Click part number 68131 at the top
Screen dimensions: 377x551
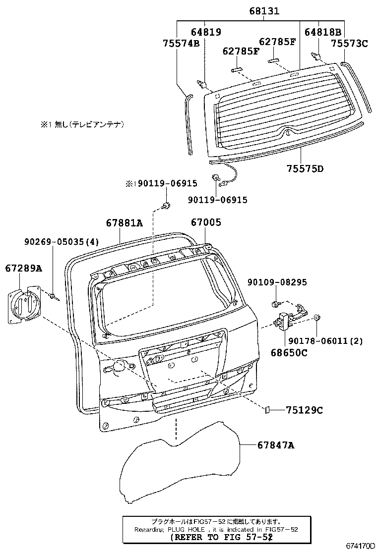[264, 11]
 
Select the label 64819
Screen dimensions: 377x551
[206, 32]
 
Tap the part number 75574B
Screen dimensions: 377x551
[181, 43]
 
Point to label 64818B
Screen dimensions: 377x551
[323, 32]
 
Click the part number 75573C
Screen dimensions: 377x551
[350, 43]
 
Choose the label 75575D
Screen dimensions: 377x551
[305, 168]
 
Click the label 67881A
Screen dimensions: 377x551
[125, 223]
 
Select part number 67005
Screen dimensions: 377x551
[206, 222]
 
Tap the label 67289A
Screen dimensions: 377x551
[24, 269]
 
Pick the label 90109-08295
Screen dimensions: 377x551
[277, 282]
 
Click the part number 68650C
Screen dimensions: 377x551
[289, 352]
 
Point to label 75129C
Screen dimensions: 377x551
[304, 410]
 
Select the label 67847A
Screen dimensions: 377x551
[276, 445]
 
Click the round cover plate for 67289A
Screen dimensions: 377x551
[24, 303]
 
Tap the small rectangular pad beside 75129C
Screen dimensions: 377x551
[267, 410]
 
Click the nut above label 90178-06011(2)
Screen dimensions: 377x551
[316, 317]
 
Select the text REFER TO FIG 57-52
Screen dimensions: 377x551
[222, 537]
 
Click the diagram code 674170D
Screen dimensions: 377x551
[361, 546]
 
